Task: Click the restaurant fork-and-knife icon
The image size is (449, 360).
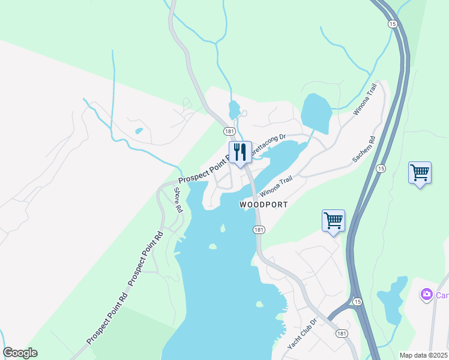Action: pos(240,152)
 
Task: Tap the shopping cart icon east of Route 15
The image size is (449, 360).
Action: pos(420,173)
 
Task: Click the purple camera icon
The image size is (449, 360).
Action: pos(426,295)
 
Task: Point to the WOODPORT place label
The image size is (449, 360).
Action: pos(264,205)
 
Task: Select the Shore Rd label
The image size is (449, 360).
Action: pos(178,201)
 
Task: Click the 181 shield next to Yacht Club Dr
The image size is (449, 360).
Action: pos(342,334)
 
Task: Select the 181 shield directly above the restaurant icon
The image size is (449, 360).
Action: pos(229,131)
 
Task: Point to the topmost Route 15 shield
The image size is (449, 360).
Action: pos(392,23)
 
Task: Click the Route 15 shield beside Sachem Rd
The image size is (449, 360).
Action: pos(381,169)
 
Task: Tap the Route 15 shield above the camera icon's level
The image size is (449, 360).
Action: pos(357,301)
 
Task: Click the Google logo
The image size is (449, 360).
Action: pos(20,353)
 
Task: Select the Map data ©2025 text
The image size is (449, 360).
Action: pos(423,355)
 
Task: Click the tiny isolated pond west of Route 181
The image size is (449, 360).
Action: pos(139,130)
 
